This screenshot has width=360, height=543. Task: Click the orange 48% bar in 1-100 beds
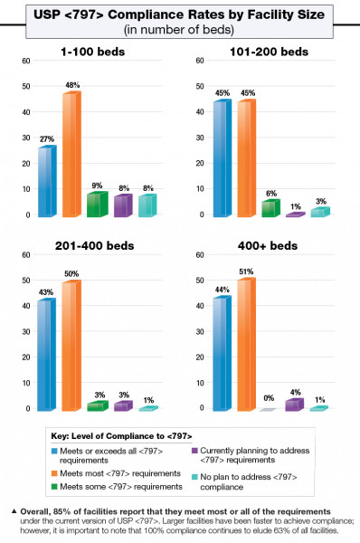(71, 154)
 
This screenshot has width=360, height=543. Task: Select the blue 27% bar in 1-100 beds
(45, 181)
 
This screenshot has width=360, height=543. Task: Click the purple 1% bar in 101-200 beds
(296, 214)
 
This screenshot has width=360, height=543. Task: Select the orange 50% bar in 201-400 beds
(71, 345)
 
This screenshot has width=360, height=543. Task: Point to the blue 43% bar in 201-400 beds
(45, 354)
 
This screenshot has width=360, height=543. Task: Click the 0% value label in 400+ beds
(268, 398)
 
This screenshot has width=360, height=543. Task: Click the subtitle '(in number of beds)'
(180, 30)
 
